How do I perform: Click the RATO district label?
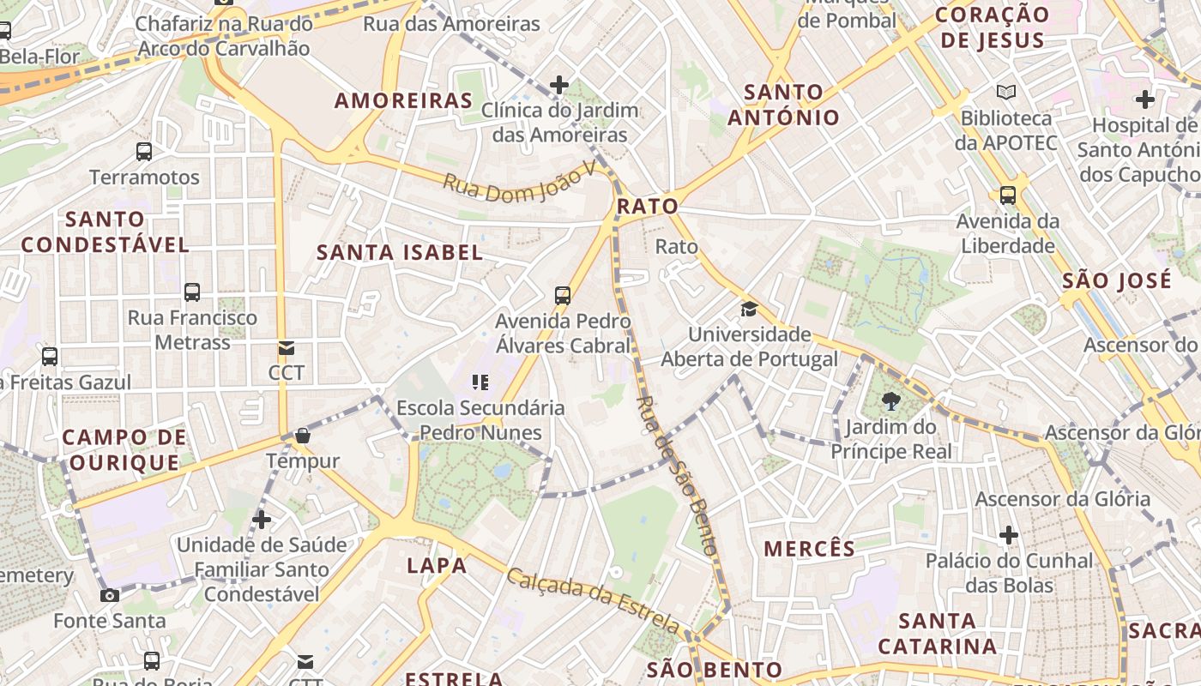coord(647,206)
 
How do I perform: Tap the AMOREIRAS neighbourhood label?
coord(403,100)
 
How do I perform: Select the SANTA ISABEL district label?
coord(400,252)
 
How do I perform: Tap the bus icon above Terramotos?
coord(144,152)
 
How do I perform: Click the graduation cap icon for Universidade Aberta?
coord(749,309)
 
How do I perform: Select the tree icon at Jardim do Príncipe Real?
coord(890,400)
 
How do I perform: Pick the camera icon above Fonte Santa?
coord(110,595)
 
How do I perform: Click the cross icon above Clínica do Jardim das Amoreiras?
coord(559,84)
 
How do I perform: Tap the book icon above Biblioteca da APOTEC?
coord(1005,92)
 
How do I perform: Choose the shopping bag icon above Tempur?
coord(302,436)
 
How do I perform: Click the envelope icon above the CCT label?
coord(286,347)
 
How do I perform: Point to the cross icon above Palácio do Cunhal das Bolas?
coord(1008,536)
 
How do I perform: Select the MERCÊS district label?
coord(809,549)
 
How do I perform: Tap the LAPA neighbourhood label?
coord(437,565)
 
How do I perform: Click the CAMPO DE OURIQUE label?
coord(124,450)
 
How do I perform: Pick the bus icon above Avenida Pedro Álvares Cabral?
coord(563,296)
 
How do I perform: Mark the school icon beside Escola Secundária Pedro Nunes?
coord(480,382)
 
